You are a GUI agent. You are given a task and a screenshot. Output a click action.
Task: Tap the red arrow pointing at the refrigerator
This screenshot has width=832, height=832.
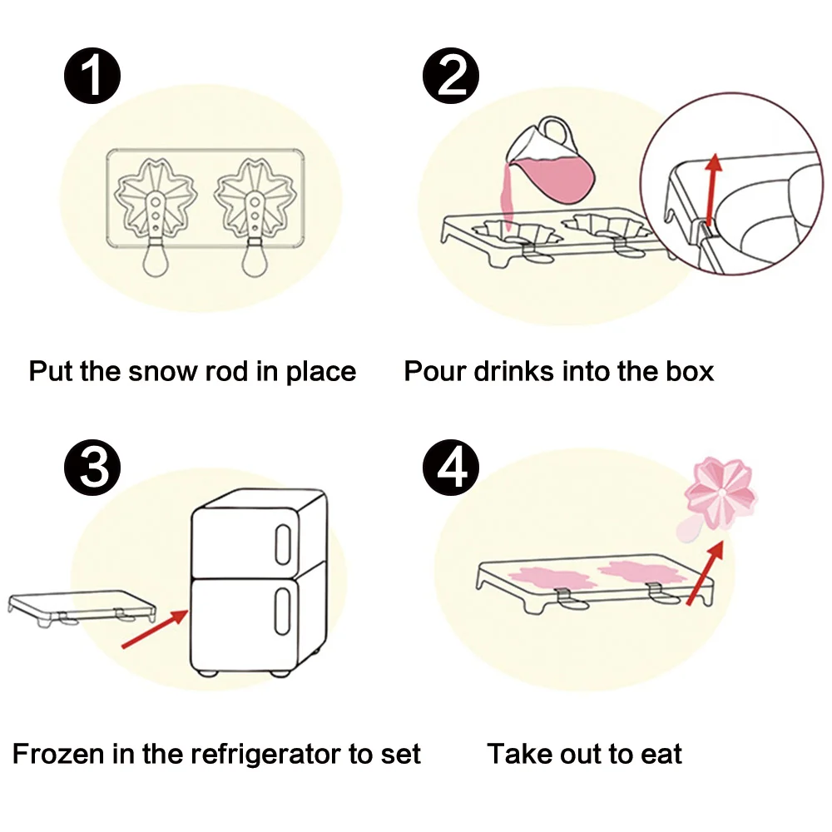(x=155, y=629)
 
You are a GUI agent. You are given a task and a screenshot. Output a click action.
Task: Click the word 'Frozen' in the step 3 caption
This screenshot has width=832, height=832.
(x=60, y=755)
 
